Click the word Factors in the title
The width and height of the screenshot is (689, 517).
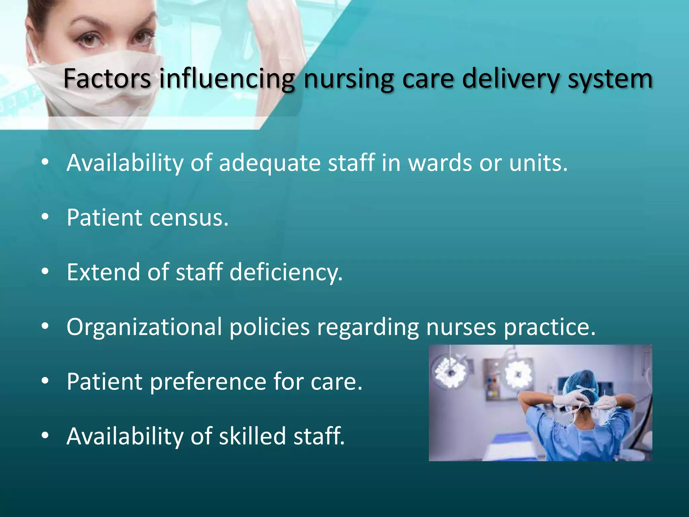(107, 78)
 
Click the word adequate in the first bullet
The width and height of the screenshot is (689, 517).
(270, 163)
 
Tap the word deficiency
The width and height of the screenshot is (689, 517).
(286, 273)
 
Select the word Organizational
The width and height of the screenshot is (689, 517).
(144, 327)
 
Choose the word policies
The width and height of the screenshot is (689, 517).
(269, 327)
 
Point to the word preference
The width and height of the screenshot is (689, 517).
(208, 382)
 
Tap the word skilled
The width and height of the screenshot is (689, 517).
(252, 436)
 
